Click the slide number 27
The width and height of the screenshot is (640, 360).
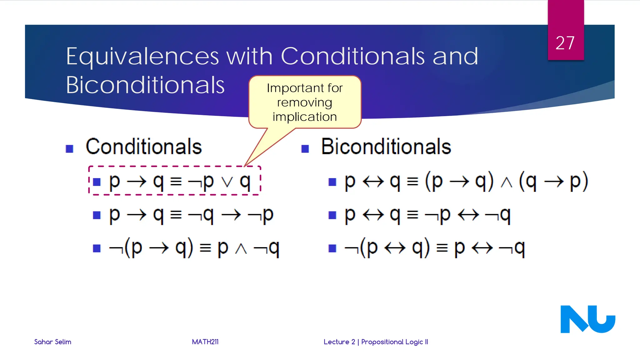point(565,43)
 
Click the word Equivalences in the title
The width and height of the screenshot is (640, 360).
point(142,57)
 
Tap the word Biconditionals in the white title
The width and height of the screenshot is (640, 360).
point(145,85)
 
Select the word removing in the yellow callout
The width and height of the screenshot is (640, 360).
point(304,102)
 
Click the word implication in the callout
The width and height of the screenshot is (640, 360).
point(305,117)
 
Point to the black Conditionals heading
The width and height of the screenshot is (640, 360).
point(144,147)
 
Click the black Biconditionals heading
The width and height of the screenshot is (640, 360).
point(386,147)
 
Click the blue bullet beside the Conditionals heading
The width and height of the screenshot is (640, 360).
point(69,149)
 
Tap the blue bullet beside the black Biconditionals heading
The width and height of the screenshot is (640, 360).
point(305,149)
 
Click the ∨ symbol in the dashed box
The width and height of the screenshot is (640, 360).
point(227,182)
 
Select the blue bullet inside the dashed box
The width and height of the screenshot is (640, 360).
point(97,182)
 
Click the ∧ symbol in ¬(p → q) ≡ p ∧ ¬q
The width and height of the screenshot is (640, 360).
point(241,249)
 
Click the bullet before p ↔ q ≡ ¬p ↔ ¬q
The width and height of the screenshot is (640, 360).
point(332,215)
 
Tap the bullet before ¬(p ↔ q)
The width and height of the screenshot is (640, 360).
point(332,248)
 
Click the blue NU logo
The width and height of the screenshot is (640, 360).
point(587,319)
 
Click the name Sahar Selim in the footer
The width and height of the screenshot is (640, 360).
point(52,342)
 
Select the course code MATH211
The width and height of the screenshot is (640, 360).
point(205,342)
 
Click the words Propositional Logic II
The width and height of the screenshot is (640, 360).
point(394,342)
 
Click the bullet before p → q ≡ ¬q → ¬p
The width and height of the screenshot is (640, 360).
point(97,215)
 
